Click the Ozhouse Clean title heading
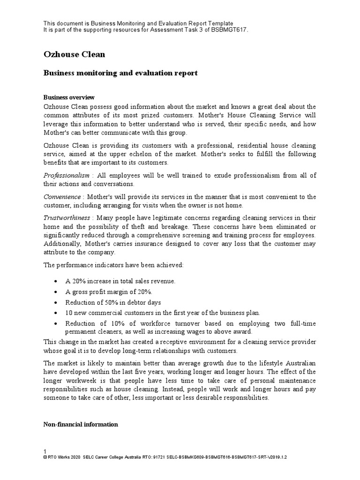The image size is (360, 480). coord(74,54)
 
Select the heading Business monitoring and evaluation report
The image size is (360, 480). coord(120,73)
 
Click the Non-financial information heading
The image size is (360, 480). coord(80,424)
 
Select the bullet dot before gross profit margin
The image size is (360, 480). coord(56,292)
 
